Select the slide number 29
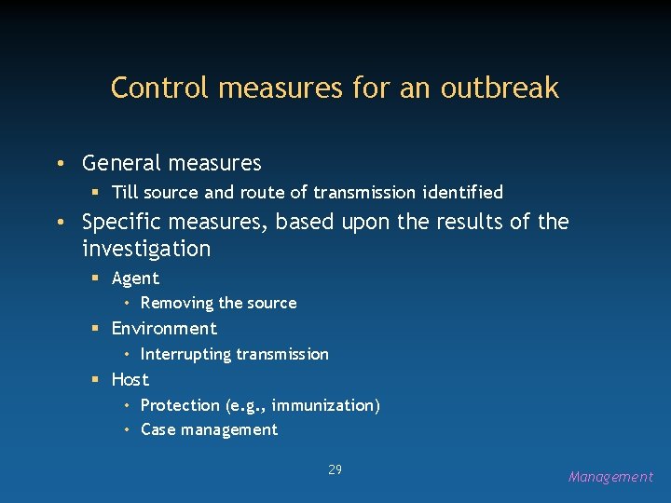tap(335, 469)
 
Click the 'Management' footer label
tap(610, 477)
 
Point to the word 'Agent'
tap(135, 279)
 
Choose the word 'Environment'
tap(164, 329)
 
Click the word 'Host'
tap(130, 379)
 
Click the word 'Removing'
tap(177, 303)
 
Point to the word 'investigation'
tap(146, 250)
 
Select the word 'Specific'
tap(116, 223)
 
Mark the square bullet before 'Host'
tap(95, 380)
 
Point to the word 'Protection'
tap(180, 405)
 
